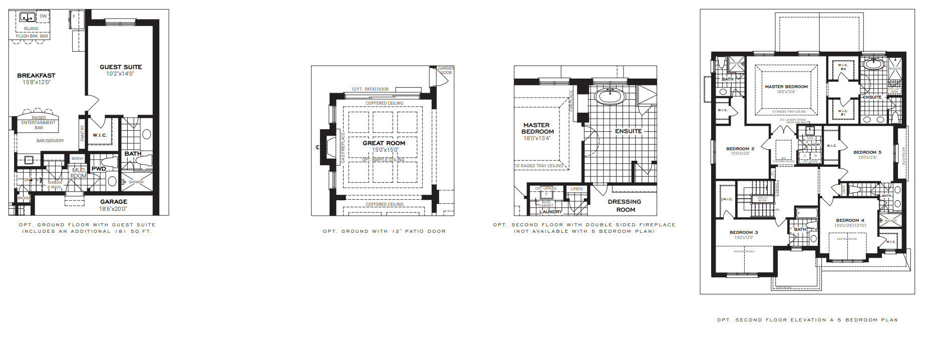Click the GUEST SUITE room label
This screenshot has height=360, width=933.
[121, 67]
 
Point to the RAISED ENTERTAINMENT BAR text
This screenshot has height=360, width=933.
[39, 123]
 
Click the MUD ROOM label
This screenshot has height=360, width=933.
[78, 173]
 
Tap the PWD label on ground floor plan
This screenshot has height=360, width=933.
[99, 169]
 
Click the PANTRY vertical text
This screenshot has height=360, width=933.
[83, 133]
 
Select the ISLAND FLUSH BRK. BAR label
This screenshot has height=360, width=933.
[32, 33]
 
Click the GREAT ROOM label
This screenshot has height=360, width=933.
[384, 143]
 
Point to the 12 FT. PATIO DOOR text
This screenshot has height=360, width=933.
[370, 89]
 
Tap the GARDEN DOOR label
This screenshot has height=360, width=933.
[446, 71]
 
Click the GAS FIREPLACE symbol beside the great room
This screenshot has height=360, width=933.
[330, 147]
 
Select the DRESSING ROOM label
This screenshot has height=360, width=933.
[625, 205]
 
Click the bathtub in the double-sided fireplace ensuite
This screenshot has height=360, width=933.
[609, 96]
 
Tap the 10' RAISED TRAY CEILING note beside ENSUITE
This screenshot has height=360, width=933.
[539, 166]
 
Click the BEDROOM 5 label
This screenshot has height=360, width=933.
[867, 152]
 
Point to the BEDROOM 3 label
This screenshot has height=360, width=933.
[744, 232]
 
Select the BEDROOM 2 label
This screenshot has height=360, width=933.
[740, 149]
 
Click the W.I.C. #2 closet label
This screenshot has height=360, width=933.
[843, 67]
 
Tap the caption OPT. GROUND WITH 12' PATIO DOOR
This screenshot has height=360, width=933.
[384, 231]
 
